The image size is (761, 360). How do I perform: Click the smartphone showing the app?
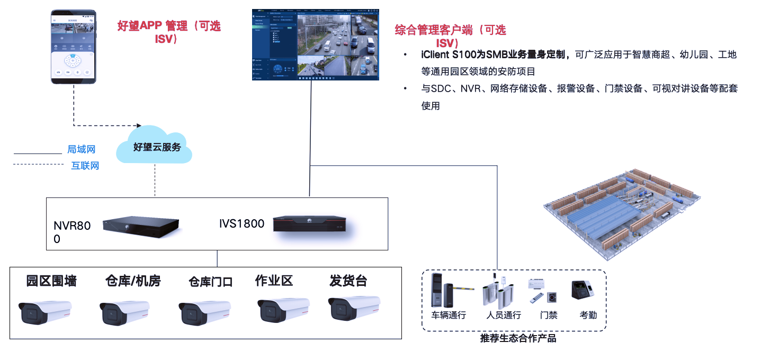[x=74, y=47]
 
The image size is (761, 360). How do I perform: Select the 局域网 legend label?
[x=81, y=150]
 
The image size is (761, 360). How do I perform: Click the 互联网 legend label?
[x=85, y=166]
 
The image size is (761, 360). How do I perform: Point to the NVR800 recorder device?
[x=140, y=226]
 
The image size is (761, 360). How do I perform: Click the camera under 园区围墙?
[x=44, y=312]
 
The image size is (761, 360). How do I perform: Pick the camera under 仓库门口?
[x=204, y=312]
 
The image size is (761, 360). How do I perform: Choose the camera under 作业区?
[x=283, y=310]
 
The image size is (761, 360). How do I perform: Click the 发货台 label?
[x=348, y=281]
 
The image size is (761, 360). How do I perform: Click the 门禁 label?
[x=549, y=316]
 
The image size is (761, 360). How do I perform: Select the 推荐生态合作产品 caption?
[x=518, y=338]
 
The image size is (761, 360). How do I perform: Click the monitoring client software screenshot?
[x=316, y=45]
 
